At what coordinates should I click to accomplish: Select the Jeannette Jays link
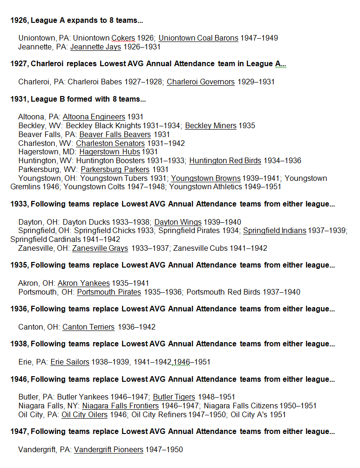tap(95, 47)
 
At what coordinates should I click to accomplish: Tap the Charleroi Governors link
tap(201, 82)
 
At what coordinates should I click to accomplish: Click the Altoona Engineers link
tap(94, 117)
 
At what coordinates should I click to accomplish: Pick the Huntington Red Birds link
tap(225, 161)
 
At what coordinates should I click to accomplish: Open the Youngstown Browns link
tap(206, 179)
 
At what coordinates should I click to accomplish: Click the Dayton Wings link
tap(178, 222)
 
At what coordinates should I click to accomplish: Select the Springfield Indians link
tap(275, 231)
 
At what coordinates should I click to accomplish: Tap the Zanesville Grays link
tap(100, 248)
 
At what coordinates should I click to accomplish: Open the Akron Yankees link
tap(84, 283)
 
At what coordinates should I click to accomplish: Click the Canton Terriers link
tap(88, 327)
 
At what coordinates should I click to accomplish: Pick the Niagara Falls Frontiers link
tap(121, 406)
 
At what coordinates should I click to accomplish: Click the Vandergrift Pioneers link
tap(109, 450)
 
